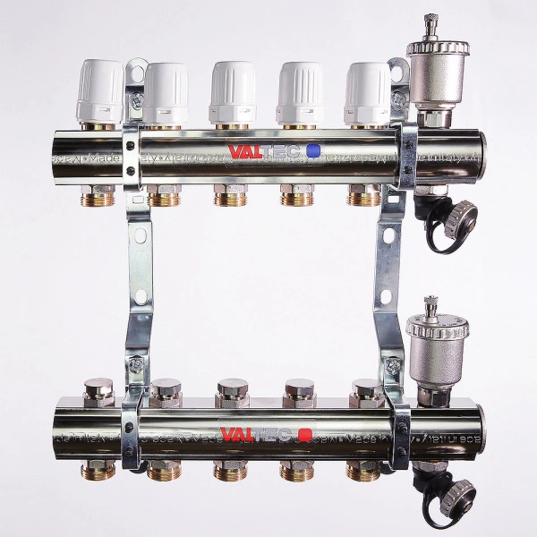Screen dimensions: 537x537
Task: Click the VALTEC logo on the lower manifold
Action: coord(257,435)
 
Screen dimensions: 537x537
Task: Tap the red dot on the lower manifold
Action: coord(305,435)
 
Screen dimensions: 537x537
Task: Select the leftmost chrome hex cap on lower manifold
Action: coord(98,392)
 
